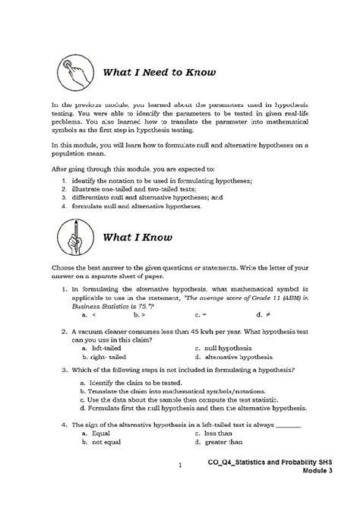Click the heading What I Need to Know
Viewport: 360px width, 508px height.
[156, 74]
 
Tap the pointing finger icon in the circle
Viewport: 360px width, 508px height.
[70, 74]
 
